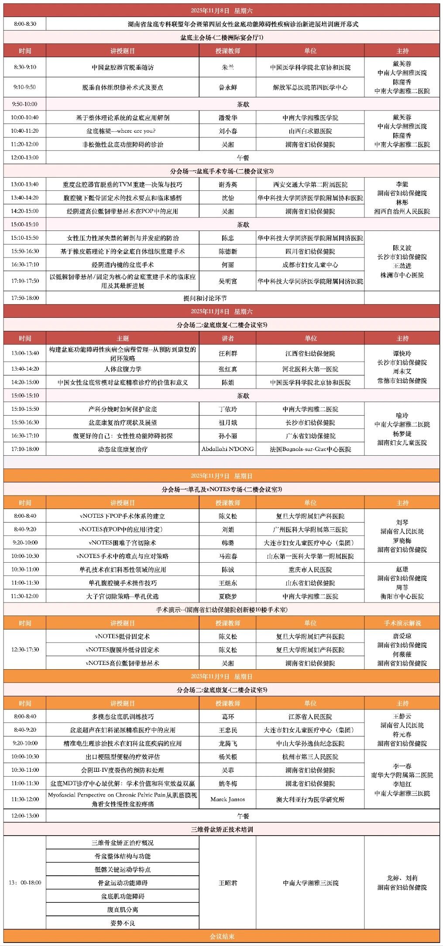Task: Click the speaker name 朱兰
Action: (x=227, y=68)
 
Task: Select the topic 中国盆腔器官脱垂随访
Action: (x=123, y=68)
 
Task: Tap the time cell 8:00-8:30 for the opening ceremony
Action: (x=25, y=24)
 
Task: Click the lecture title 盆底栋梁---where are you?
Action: (x=123, y=131)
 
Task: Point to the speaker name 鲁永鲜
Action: (x=227, y=87)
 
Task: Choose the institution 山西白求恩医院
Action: (x=310, y=131)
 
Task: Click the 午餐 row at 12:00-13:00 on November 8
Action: (x=243, y=158)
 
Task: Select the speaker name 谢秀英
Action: (x=227, y=185)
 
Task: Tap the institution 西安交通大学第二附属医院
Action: (x=310, y=185)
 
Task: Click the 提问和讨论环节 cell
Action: (x=205, y=298)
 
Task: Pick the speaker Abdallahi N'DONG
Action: (x=227, y=449)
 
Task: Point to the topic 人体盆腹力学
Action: (x=123, y=369)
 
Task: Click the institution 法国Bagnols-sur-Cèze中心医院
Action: (x=310, y=449)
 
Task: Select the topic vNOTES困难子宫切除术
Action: (x=123, y=543)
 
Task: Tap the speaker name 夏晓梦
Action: (x=227, y=596)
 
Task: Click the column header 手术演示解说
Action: (x=402, y=623)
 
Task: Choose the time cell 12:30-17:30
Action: (x=25, y=650)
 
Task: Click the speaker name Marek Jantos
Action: (x=227, y=799)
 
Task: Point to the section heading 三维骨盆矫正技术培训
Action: (x=222, y=829)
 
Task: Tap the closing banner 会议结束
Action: (x=222, y=936)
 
